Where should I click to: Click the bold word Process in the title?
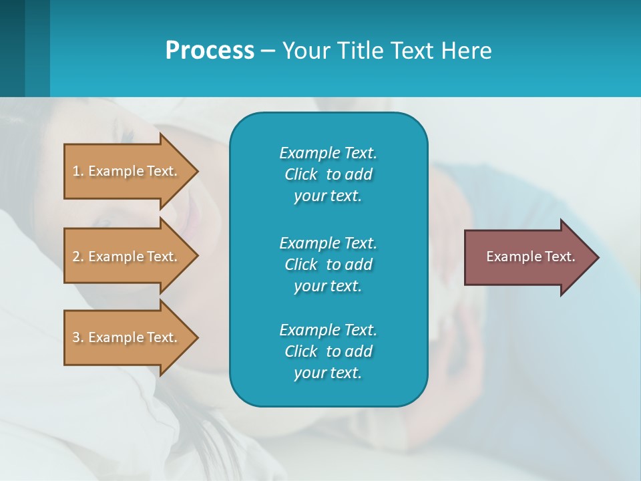210,51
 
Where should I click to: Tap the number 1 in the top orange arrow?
77,171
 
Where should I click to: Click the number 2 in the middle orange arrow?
77,257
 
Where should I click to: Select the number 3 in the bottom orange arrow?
77,337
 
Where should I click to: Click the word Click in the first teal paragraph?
300,174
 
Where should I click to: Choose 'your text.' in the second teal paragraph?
328,286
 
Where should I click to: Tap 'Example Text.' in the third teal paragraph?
328,330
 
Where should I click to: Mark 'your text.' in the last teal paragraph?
328,373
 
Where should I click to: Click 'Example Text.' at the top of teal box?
328,153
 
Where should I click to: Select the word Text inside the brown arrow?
560,257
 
